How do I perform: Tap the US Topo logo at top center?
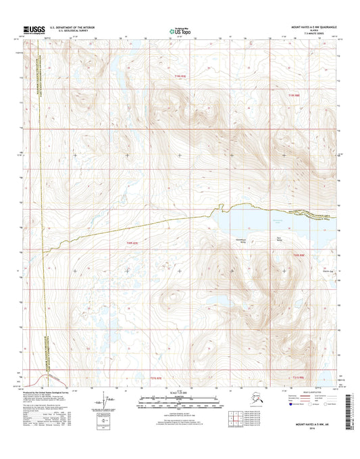click(x=180, y=30)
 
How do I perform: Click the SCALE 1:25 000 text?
click(x=180, y=393)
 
